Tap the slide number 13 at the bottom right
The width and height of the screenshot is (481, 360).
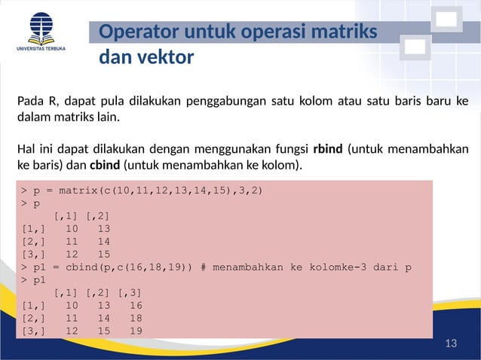(x=452, y=344)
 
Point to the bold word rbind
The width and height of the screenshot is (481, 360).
(x=328, y=148)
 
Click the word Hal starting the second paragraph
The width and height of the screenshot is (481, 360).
(x=26, y=148)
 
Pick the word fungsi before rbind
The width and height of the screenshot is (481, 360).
(x=290, y=148)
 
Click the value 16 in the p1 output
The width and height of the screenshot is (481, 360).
(x=135, y=306)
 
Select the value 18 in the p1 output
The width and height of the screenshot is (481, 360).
(x=135, y=319)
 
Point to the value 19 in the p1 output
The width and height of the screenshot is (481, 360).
(x=135, y=331)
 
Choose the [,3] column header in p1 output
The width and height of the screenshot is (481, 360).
(x=129, y=292)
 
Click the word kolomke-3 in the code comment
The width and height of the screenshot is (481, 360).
(x=342, y=267)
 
